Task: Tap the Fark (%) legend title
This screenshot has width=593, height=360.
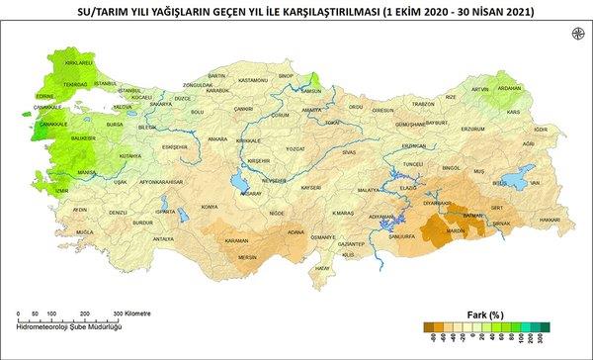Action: tap(484, 315)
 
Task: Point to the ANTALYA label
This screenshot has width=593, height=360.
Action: tap(164, 239)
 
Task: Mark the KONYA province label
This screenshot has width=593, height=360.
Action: tap(209, 207)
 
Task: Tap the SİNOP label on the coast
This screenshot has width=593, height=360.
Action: tap(287, 75)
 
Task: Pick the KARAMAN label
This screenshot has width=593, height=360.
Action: tap(237, 240)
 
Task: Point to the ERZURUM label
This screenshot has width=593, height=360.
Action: tap(473, 129)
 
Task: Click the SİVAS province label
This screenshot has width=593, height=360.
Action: tap(349, 153)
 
